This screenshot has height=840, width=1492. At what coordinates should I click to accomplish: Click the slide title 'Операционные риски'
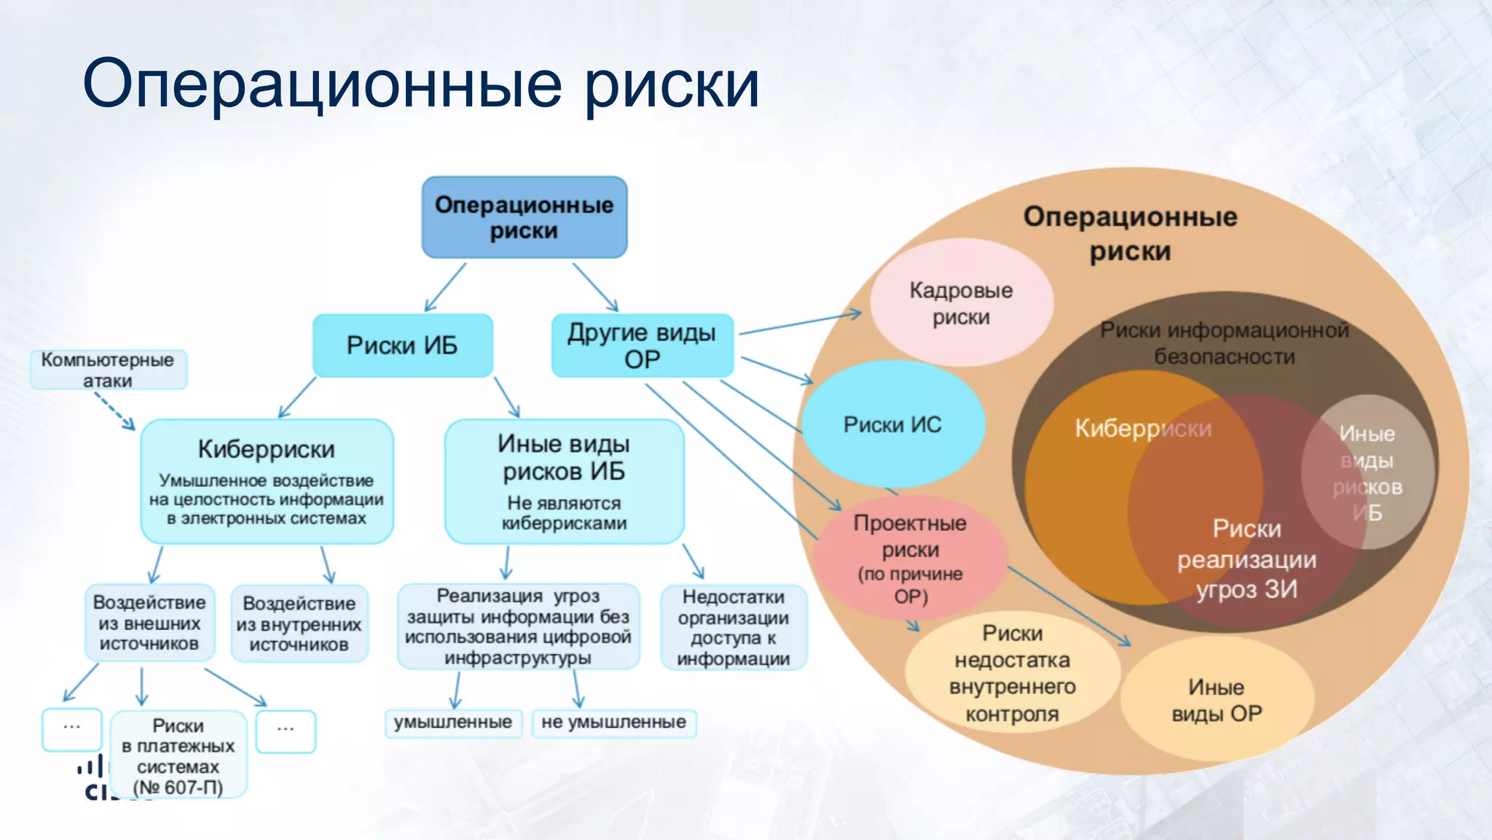pyautogui.click(x=421, y=84)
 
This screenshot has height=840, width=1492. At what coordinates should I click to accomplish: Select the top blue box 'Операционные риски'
pyautogui.click(x=524, y=217)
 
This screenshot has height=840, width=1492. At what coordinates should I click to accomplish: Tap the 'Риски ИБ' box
pyautogui.click(x=402, y=345)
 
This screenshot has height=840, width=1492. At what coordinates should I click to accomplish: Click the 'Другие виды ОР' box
pyautogui.click(x=642, y=346)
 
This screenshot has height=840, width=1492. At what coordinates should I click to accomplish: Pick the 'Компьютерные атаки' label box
pyautogui.click(x=108, y=370)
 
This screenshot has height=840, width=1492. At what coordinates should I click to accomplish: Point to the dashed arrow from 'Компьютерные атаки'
pyautogui.click(x=116, y=411)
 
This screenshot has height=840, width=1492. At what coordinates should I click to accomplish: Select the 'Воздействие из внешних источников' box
pyautogui.click(x=149, y=623)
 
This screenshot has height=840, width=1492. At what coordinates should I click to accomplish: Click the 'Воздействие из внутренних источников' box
pyautogui.click(x=299, y=623)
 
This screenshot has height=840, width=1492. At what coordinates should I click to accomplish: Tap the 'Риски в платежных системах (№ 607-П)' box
pyautogui.click(x=178, y=755)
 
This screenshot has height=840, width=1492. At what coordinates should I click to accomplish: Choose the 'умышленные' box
pyautogui.click(x=452, y=723)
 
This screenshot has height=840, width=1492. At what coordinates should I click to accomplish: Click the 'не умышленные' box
pyautogui.click(x=613, y=723)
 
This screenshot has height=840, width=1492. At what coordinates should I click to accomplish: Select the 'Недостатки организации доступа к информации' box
pyautogui.click(x=733, y=627)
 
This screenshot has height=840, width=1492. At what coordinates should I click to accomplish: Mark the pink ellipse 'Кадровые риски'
pyautogui.click(x=961, y=303)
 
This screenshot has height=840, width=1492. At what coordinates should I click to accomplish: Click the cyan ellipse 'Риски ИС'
pyautogui.click(x=892, y=424)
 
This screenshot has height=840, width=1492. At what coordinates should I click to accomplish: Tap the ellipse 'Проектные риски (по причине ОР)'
pyautogui.click(x=910, y=558)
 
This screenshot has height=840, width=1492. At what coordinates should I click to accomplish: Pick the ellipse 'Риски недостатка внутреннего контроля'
pyautogui.click(x=1012, y=673)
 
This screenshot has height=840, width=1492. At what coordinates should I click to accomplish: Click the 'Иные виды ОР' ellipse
pyautogui.click(x=1216, y=700)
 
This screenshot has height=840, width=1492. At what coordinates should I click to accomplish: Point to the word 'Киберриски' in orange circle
pyautogui.click(x=1142, y=429)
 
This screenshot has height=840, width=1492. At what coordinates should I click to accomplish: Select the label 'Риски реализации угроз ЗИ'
pyautogui.click(x=1246, y=559)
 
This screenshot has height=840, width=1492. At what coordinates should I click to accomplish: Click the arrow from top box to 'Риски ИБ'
pyautogui.click(x=446, y=287)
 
